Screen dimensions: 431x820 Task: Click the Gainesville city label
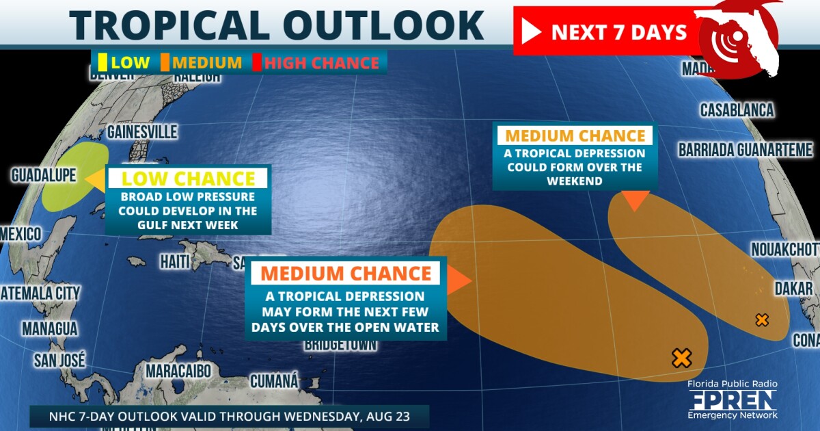(x=142, y=131)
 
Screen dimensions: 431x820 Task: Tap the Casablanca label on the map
(x=737, y=110)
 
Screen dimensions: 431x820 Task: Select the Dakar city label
(x=793, y=289)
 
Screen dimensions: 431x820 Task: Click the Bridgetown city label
(x=340, y=344)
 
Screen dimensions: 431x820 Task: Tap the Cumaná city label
(x=275, y=380)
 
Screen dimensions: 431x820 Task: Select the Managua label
(x=49, y=328)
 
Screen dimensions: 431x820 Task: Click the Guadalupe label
(x=44, y=176)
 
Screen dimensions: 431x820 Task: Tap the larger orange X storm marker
(x=681, y=357)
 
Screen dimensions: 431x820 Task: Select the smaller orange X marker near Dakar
(x=762, y=319)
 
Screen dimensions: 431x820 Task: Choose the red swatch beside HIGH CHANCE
(x=257, y=63)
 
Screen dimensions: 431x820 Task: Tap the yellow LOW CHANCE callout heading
(x=188, y=179)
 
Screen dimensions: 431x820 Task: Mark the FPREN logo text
(x=732, y=400)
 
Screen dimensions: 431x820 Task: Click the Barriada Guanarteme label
(x=746, y=150)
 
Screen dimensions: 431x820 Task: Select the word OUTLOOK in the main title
(x=383, y=25)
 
